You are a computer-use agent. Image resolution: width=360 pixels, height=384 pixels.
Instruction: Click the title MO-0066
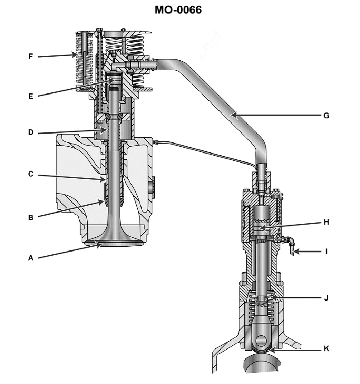pos(178,10)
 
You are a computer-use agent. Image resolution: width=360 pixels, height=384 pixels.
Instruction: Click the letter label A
pos(31,258)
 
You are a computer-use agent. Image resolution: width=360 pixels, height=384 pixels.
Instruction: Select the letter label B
pos(31,217)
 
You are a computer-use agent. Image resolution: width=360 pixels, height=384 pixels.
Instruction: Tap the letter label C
pos(31,174)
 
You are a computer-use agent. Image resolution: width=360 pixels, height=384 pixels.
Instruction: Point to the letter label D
pos(31,132)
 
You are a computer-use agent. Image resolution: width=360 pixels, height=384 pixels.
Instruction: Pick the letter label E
pos(31,96)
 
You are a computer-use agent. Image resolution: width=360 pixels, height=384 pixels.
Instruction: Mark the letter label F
pos(31,57)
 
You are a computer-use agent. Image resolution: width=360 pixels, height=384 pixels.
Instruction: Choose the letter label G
pos(326,116)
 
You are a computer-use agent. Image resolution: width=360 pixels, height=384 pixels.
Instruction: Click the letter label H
pos(326,222)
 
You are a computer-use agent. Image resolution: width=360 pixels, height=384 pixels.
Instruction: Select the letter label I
pos(326,252)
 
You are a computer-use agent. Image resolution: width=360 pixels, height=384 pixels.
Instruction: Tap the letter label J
pos(326,298)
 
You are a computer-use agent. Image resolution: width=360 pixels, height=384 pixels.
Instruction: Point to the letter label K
pos(326,349)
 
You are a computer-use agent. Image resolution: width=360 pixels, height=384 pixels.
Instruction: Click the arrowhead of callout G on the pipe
pos(234,115)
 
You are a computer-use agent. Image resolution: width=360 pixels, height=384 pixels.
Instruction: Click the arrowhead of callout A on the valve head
pos(99,244)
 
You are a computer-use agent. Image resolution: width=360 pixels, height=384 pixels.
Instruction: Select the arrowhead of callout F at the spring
pos(75,54)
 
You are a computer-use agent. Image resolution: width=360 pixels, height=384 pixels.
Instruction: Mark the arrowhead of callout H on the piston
pos(263,228)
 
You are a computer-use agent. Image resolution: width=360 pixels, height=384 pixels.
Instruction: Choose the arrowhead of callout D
pos(104,130)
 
